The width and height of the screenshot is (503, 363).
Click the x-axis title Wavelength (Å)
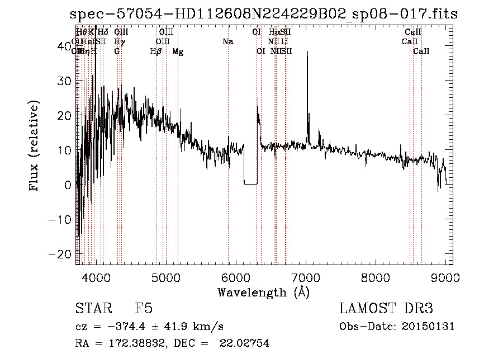263,292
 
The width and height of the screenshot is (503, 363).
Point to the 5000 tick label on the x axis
165,277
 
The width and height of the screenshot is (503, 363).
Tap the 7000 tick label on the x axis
306,277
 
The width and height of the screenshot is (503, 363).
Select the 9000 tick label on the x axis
445,277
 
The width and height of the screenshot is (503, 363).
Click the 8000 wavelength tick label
376,277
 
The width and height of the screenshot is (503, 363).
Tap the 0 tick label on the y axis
68,185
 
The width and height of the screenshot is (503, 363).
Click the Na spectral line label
227,42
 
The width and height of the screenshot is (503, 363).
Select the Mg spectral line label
177,51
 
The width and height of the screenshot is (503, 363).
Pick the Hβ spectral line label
156,51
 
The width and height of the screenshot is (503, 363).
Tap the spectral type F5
144,309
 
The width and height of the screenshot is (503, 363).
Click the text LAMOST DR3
386,309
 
